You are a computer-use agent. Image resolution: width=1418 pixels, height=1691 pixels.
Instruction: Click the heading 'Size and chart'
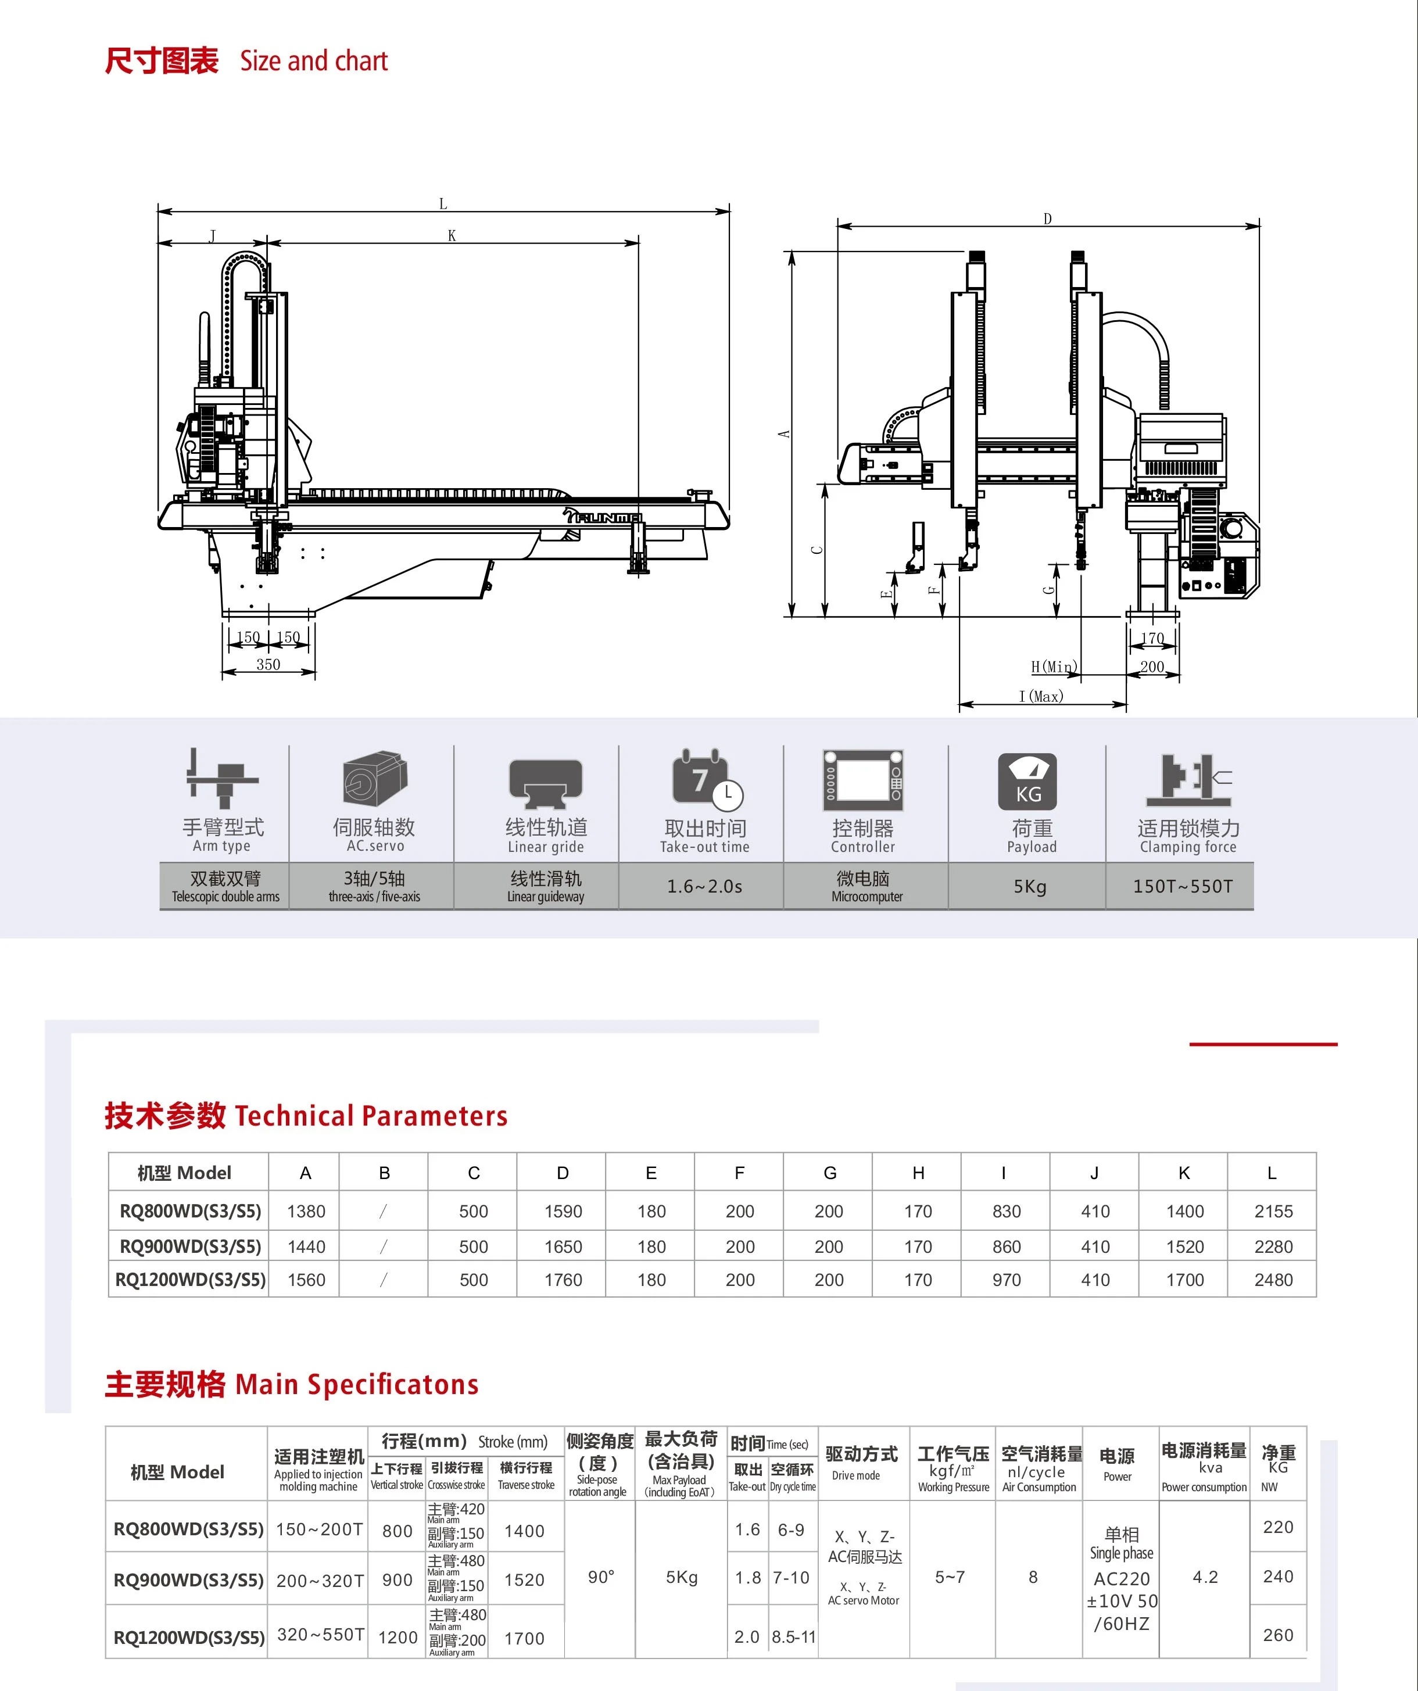313,61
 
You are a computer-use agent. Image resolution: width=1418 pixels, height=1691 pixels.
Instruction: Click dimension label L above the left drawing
443,205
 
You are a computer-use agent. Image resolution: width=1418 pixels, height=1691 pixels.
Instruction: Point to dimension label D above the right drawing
1048,219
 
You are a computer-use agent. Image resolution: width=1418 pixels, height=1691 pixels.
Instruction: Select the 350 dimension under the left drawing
268,664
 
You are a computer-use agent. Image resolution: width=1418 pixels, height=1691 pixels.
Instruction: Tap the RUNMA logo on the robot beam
604,516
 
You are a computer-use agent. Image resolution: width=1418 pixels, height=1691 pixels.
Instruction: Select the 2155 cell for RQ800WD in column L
1273,1211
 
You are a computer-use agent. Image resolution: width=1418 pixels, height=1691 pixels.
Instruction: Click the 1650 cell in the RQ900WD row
563,1246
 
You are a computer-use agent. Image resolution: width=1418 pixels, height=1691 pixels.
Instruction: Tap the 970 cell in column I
1007,1280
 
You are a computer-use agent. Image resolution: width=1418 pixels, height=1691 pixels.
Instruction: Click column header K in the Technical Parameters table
1184,1173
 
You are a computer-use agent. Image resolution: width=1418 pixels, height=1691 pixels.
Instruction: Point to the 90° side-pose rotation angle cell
601,1577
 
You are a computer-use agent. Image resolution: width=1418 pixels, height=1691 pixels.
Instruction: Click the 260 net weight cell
1278,1635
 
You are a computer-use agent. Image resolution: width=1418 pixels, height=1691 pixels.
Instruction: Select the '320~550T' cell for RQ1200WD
320,1635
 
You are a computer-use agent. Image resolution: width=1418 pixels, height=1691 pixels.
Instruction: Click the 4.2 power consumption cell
1205,1577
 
